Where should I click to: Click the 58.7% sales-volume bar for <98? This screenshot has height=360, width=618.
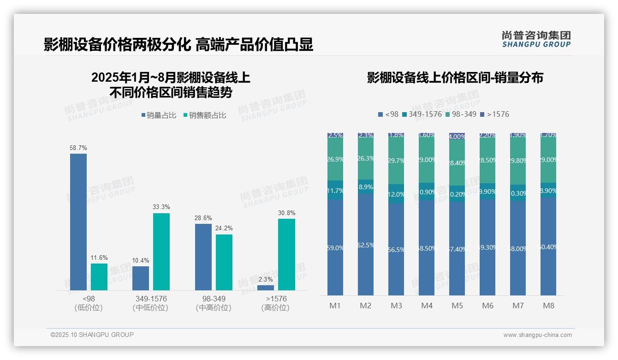[78, 222]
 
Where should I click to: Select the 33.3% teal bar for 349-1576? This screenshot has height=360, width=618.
[161, 252]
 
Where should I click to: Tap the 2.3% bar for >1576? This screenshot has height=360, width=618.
[266, 288]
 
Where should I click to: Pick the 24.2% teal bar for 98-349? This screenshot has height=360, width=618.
[224, 262]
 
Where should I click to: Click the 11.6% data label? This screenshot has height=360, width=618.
[99, 258]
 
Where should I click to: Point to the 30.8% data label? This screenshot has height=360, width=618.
[287, 213]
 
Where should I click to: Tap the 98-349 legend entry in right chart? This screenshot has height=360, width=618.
[461, 114]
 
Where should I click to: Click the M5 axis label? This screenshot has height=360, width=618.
[457, 306]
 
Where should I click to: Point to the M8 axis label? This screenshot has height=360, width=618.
[548, 306]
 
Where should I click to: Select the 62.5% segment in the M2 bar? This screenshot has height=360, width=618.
[366, 245]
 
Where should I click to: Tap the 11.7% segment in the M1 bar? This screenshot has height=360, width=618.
[335, 190]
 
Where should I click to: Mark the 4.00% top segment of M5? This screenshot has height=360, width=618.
[457, 137]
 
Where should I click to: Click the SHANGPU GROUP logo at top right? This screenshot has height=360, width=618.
[536, 39]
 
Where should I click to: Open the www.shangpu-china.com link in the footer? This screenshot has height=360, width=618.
[537, 335]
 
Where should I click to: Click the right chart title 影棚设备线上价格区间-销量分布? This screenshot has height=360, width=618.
[455, 78]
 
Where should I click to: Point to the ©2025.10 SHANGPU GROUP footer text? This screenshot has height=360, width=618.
[92, 335]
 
